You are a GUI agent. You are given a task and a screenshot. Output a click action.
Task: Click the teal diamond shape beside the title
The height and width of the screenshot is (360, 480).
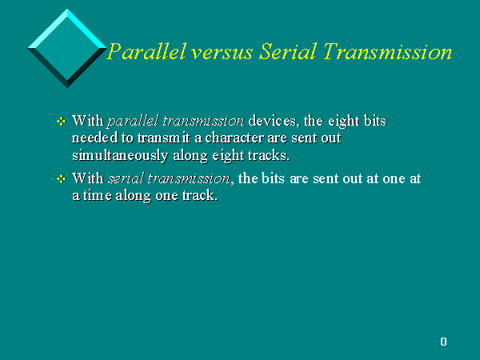point(67,48)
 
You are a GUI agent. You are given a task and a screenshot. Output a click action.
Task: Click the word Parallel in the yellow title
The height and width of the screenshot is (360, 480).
point(146,51)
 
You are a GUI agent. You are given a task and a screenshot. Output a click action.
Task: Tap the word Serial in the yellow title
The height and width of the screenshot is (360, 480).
point(287,51)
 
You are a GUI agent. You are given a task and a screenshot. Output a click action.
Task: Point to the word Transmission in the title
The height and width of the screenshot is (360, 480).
point(387,51)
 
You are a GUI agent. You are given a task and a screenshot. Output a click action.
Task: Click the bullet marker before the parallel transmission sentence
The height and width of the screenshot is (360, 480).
point(62,122)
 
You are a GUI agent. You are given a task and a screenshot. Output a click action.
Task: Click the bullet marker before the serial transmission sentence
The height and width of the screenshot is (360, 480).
point(62,178)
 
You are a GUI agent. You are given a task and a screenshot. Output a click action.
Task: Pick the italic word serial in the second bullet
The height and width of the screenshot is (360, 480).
point(126,178)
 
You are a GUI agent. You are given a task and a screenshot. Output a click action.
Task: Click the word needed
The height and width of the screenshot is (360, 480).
point(95,138)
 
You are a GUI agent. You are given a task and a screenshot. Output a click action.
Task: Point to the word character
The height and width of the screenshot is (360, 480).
point(234,138)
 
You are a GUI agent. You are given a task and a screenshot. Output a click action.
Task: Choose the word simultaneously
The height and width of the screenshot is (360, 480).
point(120,156)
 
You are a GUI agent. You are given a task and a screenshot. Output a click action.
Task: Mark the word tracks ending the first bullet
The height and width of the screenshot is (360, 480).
point(269,155)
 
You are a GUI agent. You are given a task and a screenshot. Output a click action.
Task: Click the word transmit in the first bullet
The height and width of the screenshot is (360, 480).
point(164,138)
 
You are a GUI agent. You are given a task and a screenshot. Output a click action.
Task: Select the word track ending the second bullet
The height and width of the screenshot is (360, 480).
point(200,196)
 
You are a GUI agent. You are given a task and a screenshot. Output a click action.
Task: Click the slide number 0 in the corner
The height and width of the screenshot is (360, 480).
point(443,342)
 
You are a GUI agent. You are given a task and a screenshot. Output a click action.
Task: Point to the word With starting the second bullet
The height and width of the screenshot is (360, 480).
point(88,178)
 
